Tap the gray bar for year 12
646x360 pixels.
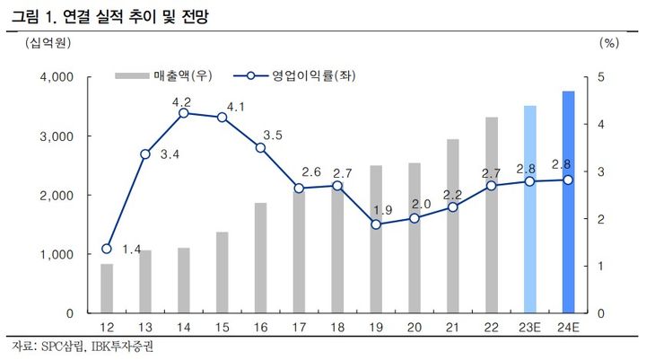click(107, 288)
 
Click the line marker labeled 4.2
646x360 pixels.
click(183, 113)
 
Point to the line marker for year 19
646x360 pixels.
click(376, 224)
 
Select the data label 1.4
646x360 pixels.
click(131, 249)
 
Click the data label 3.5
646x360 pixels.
click(273, 136)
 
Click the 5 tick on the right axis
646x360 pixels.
click(602, 77)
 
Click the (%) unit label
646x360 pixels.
click(607, 42)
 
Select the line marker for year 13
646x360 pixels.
click(145, 154)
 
